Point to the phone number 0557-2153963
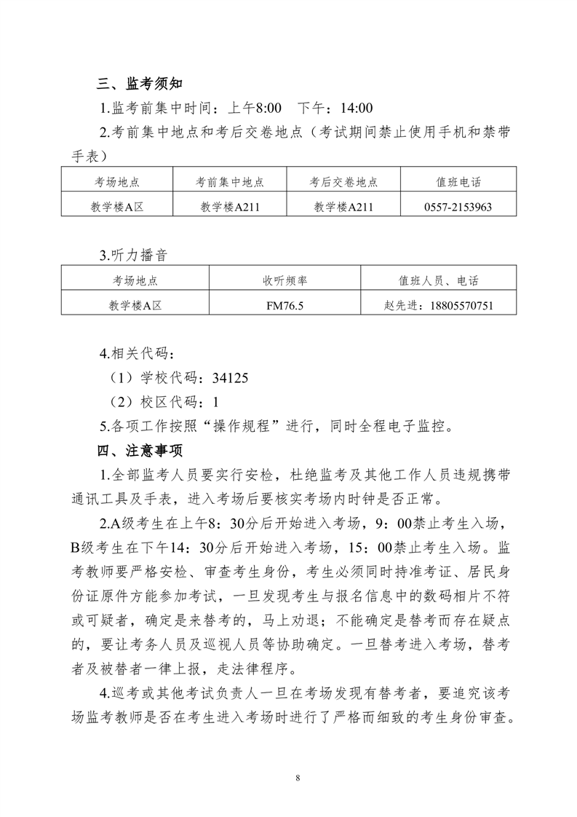coord(458,207)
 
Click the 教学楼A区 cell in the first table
coord(116,207)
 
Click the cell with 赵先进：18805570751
coord(438,306)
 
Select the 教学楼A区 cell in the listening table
coord(135,306)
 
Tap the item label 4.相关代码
coord(137,355)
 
